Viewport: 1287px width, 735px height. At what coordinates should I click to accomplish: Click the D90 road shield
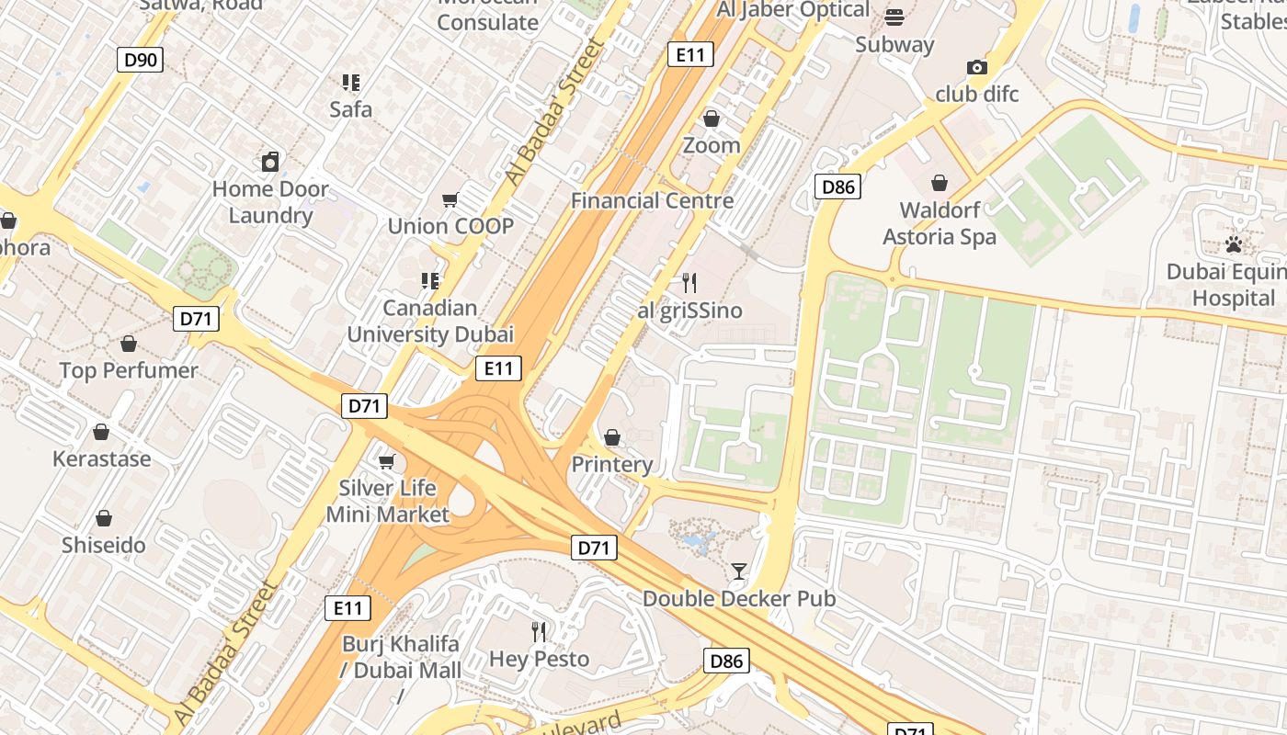141,61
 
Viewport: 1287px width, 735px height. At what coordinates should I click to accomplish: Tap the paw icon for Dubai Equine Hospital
1233,244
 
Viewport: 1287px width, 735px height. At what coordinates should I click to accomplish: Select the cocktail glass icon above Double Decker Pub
738,571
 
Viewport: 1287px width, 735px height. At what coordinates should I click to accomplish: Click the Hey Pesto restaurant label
539,658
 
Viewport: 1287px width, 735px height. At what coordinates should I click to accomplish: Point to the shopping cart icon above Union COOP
450,199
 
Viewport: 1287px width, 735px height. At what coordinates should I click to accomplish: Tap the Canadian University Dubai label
429,321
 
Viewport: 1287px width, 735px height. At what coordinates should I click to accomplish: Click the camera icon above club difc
976,67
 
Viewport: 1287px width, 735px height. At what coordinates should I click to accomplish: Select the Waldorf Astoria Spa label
939,223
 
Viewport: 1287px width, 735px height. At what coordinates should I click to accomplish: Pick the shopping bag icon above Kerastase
101,432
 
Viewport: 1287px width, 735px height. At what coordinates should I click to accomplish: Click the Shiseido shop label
104,545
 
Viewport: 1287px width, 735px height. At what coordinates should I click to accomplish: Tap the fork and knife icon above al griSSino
689,283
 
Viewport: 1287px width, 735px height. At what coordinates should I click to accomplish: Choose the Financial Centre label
652,200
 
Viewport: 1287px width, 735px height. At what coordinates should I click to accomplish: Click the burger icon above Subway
894,17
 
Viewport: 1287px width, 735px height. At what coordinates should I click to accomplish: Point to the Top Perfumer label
129,370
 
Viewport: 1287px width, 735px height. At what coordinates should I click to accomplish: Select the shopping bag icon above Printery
611,437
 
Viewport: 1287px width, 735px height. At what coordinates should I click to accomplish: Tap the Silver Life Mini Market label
387,501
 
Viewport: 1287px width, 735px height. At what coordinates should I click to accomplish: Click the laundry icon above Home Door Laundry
270,163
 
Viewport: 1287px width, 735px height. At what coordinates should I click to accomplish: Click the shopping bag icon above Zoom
711,119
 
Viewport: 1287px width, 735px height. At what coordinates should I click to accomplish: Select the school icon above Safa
350,83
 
